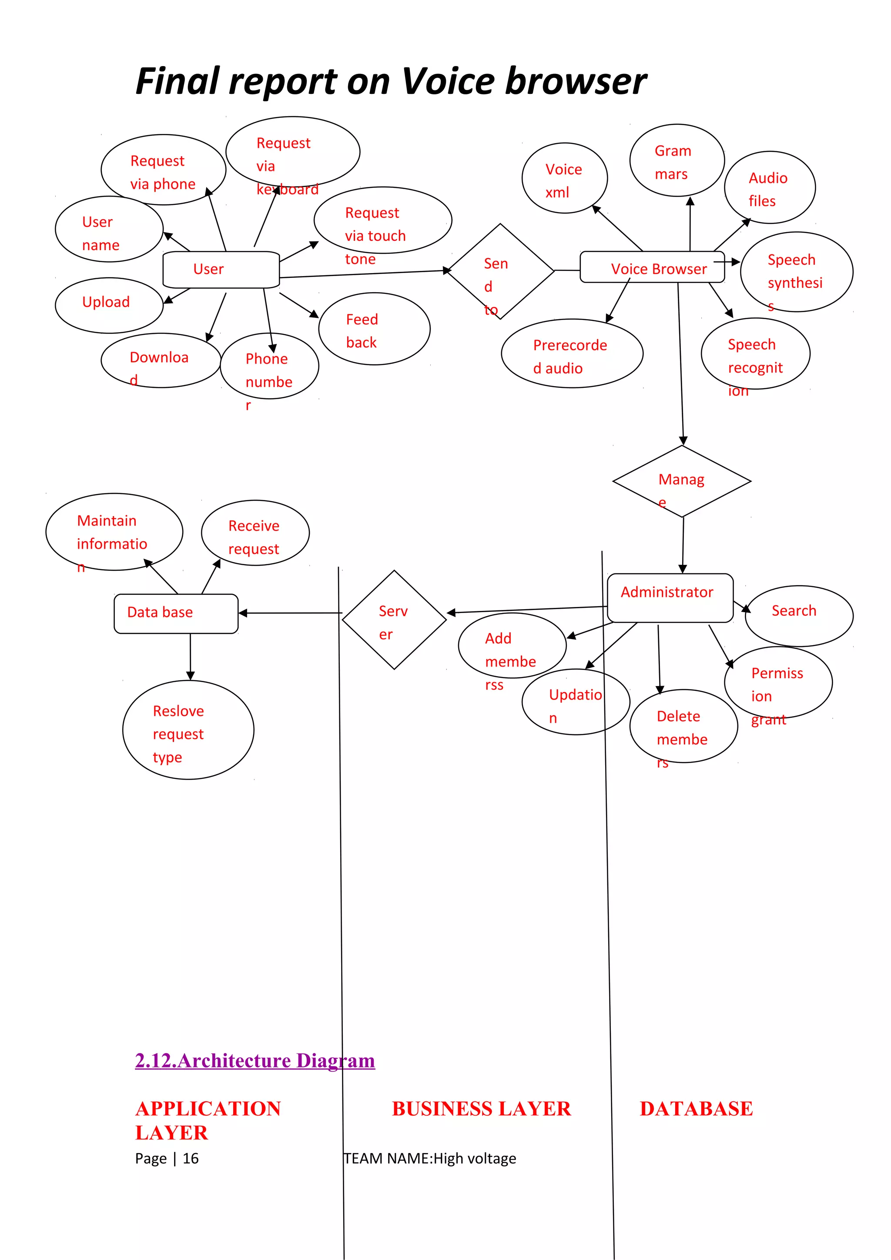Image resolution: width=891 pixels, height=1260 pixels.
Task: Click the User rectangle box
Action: pos(221,270)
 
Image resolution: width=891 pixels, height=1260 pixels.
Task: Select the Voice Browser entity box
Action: pos(652,268)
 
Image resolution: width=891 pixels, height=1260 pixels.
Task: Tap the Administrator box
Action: pos(670,598)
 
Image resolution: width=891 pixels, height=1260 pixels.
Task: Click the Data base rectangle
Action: pos(176,613)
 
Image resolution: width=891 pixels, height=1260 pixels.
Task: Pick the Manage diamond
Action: pos(681,481)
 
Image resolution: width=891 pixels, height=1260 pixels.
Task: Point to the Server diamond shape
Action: pos(394,620)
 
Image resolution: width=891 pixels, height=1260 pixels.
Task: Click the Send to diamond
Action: pos(501,271)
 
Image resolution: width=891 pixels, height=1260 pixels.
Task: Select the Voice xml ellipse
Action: pos(564,178)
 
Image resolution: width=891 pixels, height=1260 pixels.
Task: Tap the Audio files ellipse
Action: pos(769,188)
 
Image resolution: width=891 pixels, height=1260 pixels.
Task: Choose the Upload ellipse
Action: pos(109,305)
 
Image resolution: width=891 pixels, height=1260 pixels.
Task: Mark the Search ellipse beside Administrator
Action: pos(799,615)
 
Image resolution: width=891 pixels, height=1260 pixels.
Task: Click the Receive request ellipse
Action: pos(255,533)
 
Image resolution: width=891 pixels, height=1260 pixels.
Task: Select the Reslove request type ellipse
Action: pos(188,730)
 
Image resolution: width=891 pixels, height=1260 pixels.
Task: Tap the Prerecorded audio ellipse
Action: pos(572,353)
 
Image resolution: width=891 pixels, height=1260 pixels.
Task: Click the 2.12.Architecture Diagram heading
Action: pos(255,1061)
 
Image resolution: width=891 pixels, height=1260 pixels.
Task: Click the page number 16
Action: pos(191,1158)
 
